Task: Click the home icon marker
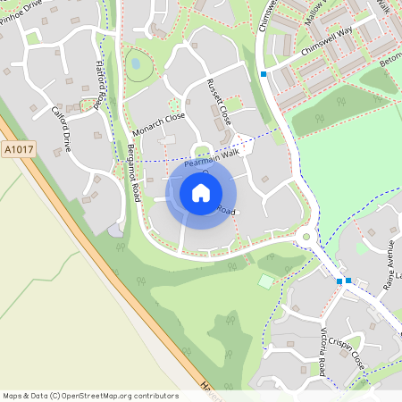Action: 201,193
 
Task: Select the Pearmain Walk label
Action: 213,159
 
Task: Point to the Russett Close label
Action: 219,101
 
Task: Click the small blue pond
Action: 136,64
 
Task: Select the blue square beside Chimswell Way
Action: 264,73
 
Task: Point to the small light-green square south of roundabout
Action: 266,281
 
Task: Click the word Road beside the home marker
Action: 227,211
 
